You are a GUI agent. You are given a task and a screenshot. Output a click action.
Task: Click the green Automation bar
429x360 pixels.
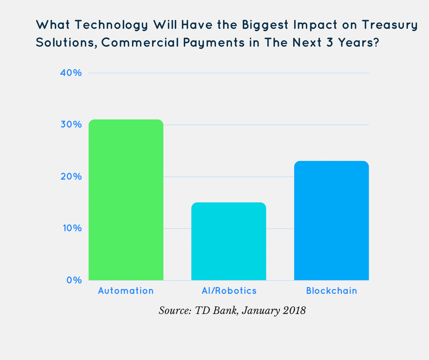click(126, 200)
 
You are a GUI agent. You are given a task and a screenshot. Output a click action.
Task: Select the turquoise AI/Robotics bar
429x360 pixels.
click(229, 241)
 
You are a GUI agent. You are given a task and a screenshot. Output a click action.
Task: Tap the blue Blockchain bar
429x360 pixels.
click(331, 221)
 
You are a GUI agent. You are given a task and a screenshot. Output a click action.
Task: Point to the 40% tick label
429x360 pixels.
click(71, 73)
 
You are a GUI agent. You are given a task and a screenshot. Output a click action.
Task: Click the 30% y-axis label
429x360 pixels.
click(71, 124)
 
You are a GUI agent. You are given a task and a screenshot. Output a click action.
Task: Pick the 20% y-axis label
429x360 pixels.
click(71, 176)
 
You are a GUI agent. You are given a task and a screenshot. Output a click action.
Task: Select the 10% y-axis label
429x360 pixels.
click(72, 228)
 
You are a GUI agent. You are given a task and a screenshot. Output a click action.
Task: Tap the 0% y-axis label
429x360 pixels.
click(74, 280)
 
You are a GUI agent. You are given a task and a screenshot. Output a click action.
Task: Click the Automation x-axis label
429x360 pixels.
click(126, 291)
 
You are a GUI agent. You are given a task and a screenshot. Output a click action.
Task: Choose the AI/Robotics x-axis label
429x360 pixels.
click(229, 291)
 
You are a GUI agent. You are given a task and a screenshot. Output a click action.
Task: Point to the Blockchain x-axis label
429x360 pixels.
click(332, 291)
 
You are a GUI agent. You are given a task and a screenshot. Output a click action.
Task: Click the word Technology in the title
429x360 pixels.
click(111, 25)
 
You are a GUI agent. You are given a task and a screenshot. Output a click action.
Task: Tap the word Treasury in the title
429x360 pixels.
click(390, 25)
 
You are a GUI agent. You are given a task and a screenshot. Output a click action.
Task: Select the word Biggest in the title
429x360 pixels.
click(265, 25)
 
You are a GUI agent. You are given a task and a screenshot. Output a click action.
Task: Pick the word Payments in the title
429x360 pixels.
click(214, 43)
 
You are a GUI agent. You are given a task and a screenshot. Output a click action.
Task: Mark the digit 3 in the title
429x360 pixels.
click(330, 42)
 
